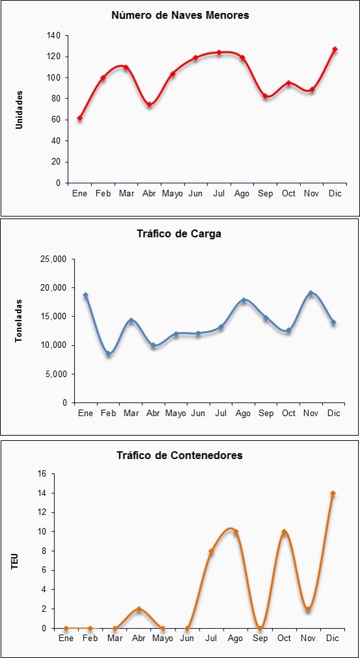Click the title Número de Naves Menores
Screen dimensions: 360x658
point(180,16)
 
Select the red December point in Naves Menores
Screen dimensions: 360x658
point(335,49)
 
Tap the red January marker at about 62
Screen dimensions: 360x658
point(80,118)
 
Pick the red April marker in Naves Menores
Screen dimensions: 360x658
point(149,105)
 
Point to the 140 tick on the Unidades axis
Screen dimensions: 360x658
point(55,36)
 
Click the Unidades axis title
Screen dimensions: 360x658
point(19,109)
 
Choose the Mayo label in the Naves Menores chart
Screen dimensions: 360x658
point(172,194)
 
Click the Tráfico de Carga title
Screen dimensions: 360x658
point(179,234)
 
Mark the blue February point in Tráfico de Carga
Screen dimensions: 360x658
point(109,354)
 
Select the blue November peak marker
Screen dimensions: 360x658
point(311,293)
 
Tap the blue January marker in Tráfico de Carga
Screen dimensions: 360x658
point(86,295)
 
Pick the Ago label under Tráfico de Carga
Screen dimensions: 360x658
point(243,414)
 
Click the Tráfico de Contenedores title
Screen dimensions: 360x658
point(179,455)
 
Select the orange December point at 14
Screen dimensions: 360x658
point(333,493)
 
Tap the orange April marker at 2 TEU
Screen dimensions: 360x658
point(139,609)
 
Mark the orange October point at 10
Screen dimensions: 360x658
point(284,532)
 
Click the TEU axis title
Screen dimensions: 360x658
point(15,562)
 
